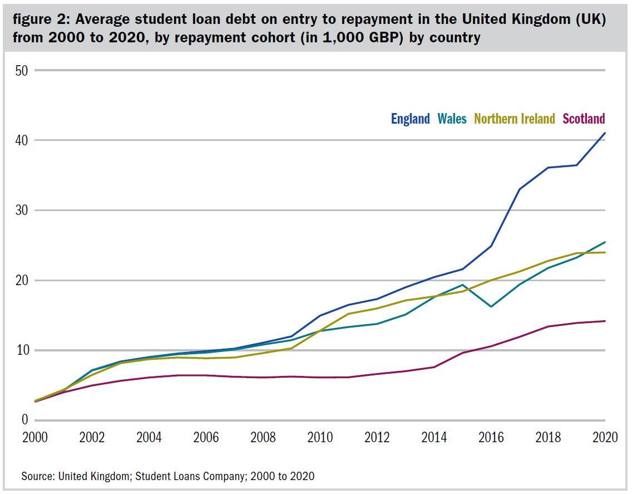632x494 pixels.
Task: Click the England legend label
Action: [x=410, y=119]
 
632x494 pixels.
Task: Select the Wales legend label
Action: [x=452, y=119]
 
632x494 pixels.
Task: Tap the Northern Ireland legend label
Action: [x=515, y=119]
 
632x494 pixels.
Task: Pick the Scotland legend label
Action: [x=584, y=119]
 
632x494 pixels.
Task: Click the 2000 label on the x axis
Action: [x=34, y=438]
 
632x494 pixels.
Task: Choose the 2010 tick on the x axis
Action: [x=320, y=438]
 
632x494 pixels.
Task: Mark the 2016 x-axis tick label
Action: [x=491, y=438]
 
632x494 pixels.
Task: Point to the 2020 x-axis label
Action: [x=605, y=438]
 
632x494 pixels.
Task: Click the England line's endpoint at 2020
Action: [x=605, y=133]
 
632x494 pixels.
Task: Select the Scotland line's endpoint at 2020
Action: [x=605, y=321]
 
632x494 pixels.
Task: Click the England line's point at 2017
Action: [x=520, y=189]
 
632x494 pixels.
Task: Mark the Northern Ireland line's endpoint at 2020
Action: [x=605, y=252]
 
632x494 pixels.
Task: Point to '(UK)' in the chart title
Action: [x=590, y=19]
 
